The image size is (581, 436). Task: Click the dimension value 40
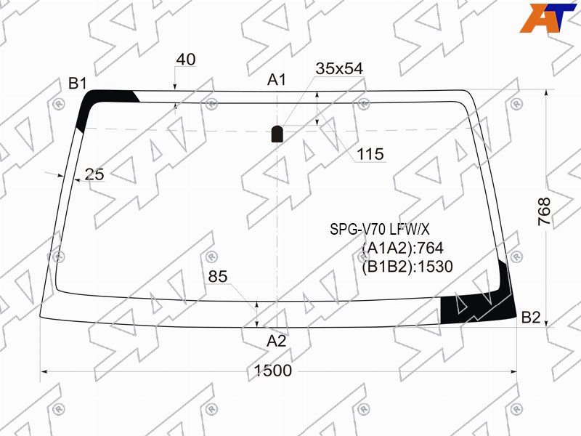[x=186, y=60]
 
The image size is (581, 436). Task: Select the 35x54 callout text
[x=339, y=68]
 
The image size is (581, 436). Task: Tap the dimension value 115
[x=370, y=154]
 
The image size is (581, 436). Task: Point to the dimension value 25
[x=94, y=174]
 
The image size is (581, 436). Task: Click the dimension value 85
[x=218, y=276]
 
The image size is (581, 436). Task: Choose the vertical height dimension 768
[x=544, y=211]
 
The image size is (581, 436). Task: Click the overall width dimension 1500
[x=273, y=371]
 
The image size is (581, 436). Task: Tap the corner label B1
[x=78, y=84]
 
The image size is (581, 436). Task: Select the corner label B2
[x=531, y=318]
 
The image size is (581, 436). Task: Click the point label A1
[x=277, y=80]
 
